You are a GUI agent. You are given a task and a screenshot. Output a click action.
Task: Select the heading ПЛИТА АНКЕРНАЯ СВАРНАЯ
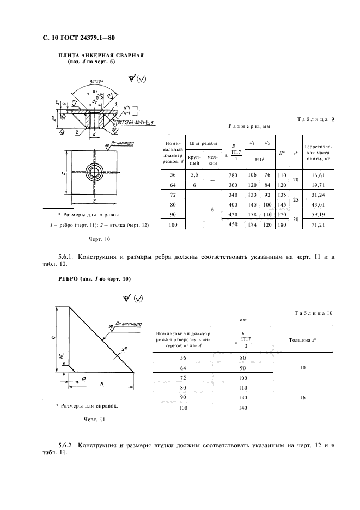[x=101, y=56]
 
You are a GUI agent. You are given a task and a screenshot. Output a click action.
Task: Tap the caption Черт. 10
[x=99, y=239]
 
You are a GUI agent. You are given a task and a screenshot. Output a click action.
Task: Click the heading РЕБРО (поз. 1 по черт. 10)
[x=94, y=279]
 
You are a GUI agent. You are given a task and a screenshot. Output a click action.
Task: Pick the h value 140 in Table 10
[x=242, y=407]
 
